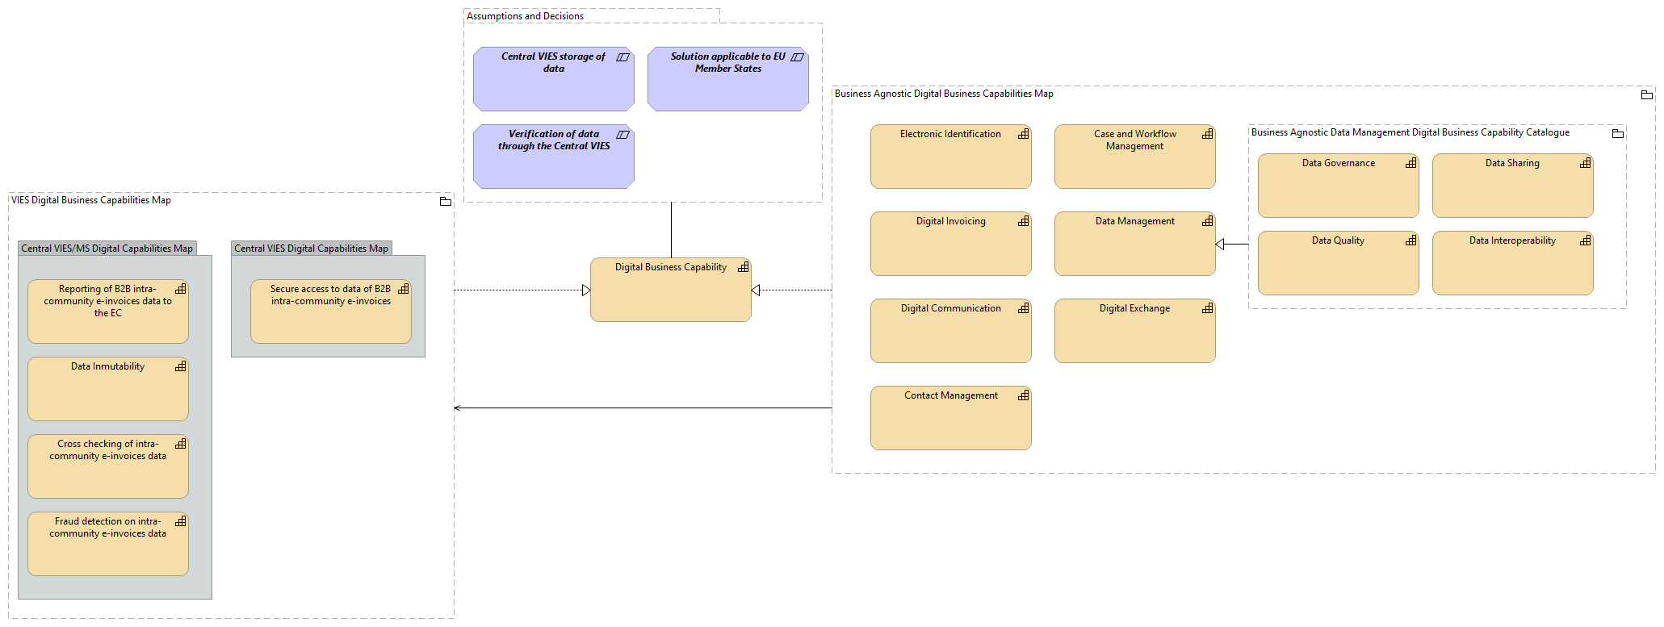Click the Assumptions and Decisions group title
tap(525, 16)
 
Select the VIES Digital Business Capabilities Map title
tap(91, 200)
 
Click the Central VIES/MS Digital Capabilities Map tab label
tap(107, 249)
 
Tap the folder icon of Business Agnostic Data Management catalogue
tap(1617, 134)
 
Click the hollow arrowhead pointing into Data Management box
tap(1220, 244)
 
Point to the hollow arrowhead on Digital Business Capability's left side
tap(586, 291)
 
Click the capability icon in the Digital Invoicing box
tap(1023, 221)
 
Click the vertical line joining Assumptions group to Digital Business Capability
tap(671, 230)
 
